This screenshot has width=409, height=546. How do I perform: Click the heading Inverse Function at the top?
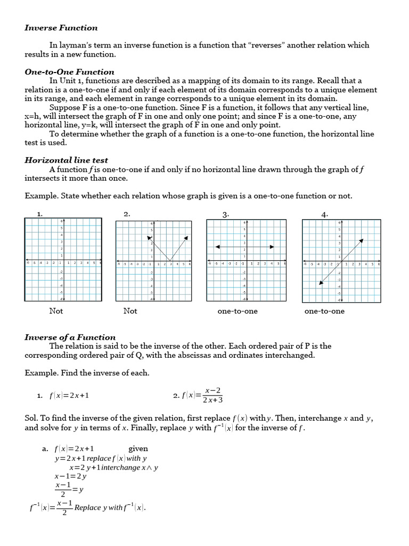pos(61,28)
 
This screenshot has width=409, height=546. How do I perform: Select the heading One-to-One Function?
pos(69,72)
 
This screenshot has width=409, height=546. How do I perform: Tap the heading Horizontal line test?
pos(66,160)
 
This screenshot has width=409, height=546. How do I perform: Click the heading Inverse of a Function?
pos(70,337)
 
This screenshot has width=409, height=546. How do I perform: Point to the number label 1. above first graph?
pos(39,214)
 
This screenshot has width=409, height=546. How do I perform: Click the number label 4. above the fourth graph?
pos(325,214)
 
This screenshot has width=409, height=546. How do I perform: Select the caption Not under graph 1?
pos(56,311)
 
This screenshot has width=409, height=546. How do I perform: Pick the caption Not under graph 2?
pos(130,311)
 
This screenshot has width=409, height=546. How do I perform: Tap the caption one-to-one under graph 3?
pos(238,311)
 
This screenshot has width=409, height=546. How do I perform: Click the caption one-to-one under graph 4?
pos(324,311)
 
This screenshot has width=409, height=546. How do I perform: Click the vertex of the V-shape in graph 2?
pos(170,261)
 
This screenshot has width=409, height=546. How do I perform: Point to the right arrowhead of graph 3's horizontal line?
pos(272,247)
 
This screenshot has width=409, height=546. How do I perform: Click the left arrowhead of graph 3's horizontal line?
pos(217,247)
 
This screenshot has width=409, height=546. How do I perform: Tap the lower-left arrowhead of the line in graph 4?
pos(320,283)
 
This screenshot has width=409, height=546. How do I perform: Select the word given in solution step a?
pos(138,449)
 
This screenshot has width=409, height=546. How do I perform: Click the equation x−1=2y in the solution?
pos(70,476)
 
